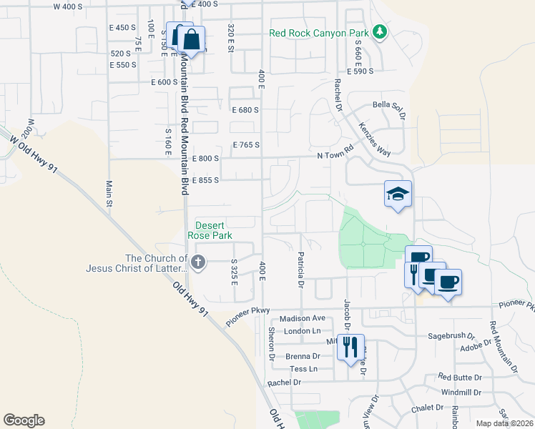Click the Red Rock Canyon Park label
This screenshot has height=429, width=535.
click(318, 33)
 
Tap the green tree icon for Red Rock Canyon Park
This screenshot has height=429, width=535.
click(380, 32)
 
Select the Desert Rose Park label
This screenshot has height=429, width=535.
click(210, 229)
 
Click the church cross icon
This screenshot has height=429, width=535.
click(198, 263)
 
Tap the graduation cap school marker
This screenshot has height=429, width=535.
click(398, 194)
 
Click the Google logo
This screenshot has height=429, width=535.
click(24, 420)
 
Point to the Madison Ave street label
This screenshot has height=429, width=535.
click(303, 318)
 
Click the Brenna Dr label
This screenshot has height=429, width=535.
click(302, 356)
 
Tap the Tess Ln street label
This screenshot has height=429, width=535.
click(303, 369)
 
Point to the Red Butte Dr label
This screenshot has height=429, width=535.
click(461, 377)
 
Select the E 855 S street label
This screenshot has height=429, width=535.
click(205, 180)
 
